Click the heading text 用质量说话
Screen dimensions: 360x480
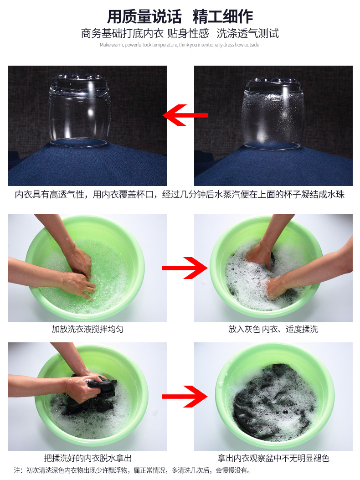click(x=144, y=16)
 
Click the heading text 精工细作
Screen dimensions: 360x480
click(x=223, y=16)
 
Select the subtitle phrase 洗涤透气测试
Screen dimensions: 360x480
click(x=247, y=33)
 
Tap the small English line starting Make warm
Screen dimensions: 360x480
click(x=180, y=45)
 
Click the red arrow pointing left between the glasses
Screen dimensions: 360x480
click(x=185, y=115)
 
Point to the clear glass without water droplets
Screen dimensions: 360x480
click(x=79, y=111)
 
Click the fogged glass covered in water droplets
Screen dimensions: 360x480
click(x=273, y=113)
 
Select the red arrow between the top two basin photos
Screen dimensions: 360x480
click(x=185, y=268)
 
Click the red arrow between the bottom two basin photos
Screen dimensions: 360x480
click(x=185, y=397)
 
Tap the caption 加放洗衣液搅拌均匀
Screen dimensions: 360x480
click(x=87, y=330)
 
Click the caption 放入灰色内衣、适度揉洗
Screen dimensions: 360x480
click(x=273, y=330)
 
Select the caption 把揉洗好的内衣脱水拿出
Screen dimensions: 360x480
click(x=88, y=458)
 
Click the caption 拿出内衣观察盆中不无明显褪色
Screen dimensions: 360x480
click(x=273, y=458)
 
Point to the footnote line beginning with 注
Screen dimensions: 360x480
click(x=132, y=470)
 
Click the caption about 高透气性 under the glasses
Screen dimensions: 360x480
click(x=180, y=195)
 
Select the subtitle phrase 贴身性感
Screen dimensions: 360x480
click(x=188, y=33)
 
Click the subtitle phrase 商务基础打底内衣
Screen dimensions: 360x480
click(x=123, y=33)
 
